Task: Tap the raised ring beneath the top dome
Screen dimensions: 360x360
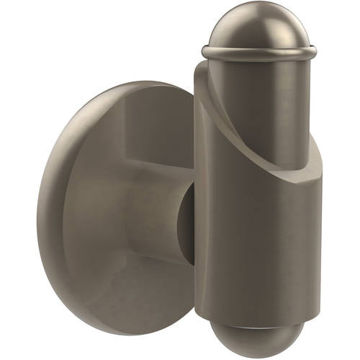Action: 258,53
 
